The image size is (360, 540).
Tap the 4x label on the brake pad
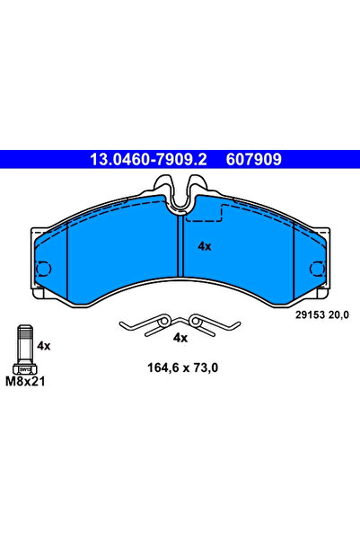pos(204,245)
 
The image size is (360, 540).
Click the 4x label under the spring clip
pos(180,338)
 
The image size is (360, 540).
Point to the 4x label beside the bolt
pos(43,345)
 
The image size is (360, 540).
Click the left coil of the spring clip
pos(163,320)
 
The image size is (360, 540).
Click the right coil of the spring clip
pos(197,320)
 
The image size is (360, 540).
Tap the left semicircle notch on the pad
pos(41,267)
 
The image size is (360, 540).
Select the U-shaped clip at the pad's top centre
pos(180,193)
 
